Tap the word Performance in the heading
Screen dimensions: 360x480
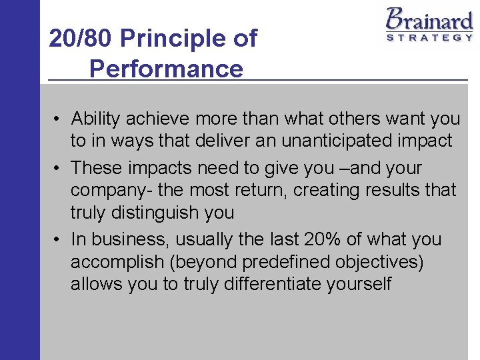166,69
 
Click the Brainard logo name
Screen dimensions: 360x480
429,18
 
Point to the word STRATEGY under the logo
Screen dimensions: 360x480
429,37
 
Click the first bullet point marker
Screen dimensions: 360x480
59,119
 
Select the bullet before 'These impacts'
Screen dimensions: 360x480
59,169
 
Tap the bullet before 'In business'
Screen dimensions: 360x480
59,240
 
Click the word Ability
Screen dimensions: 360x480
95,119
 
